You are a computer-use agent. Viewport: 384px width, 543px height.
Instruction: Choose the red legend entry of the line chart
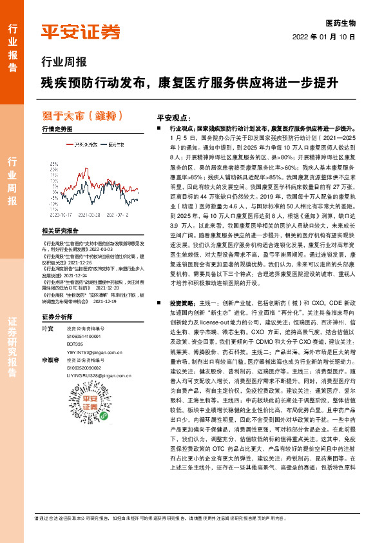[82, 145]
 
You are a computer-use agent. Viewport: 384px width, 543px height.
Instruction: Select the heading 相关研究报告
[60, 230]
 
